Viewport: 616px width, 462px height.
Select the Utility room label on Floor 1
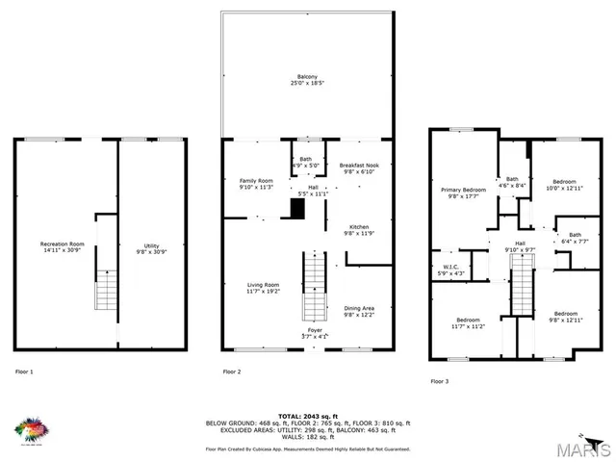(151, 247)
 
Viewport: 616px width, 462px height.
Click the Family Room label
(256, 184)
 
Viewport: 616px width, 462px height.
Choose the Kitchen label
(359, 229)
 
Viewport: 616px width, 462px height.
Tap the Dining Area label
(360, 311)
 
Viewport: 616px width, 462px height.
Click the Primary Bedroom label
(463, 193)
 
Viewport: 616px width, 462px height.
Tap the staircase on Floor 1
(104, 289)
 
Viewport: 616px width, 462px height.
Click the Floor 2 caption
(232, 372)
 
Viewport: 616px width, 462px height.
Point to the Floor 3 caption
(440, 381)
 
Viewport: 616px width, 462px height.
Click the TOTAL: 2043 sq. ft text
(308, 415)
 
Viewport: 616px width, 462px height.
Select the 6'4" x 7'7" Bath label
(574, 238)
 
